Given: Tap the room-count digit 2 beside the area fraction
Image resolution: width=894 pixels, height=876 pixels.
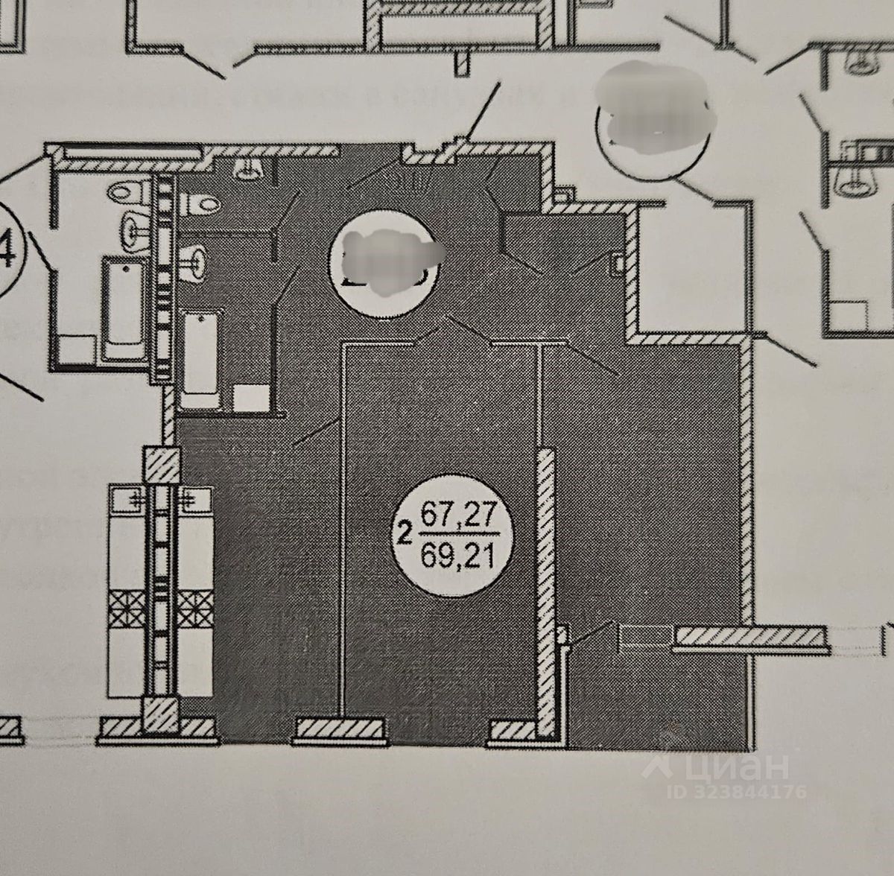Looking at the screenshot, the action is (405, 533).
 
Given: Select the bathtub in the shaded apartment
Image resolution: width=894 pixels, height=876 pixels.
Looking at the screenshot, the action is (200, 359).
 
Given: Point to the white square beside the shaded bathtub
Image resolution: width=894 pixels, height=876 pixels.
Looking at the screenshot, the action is (250, 397).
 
